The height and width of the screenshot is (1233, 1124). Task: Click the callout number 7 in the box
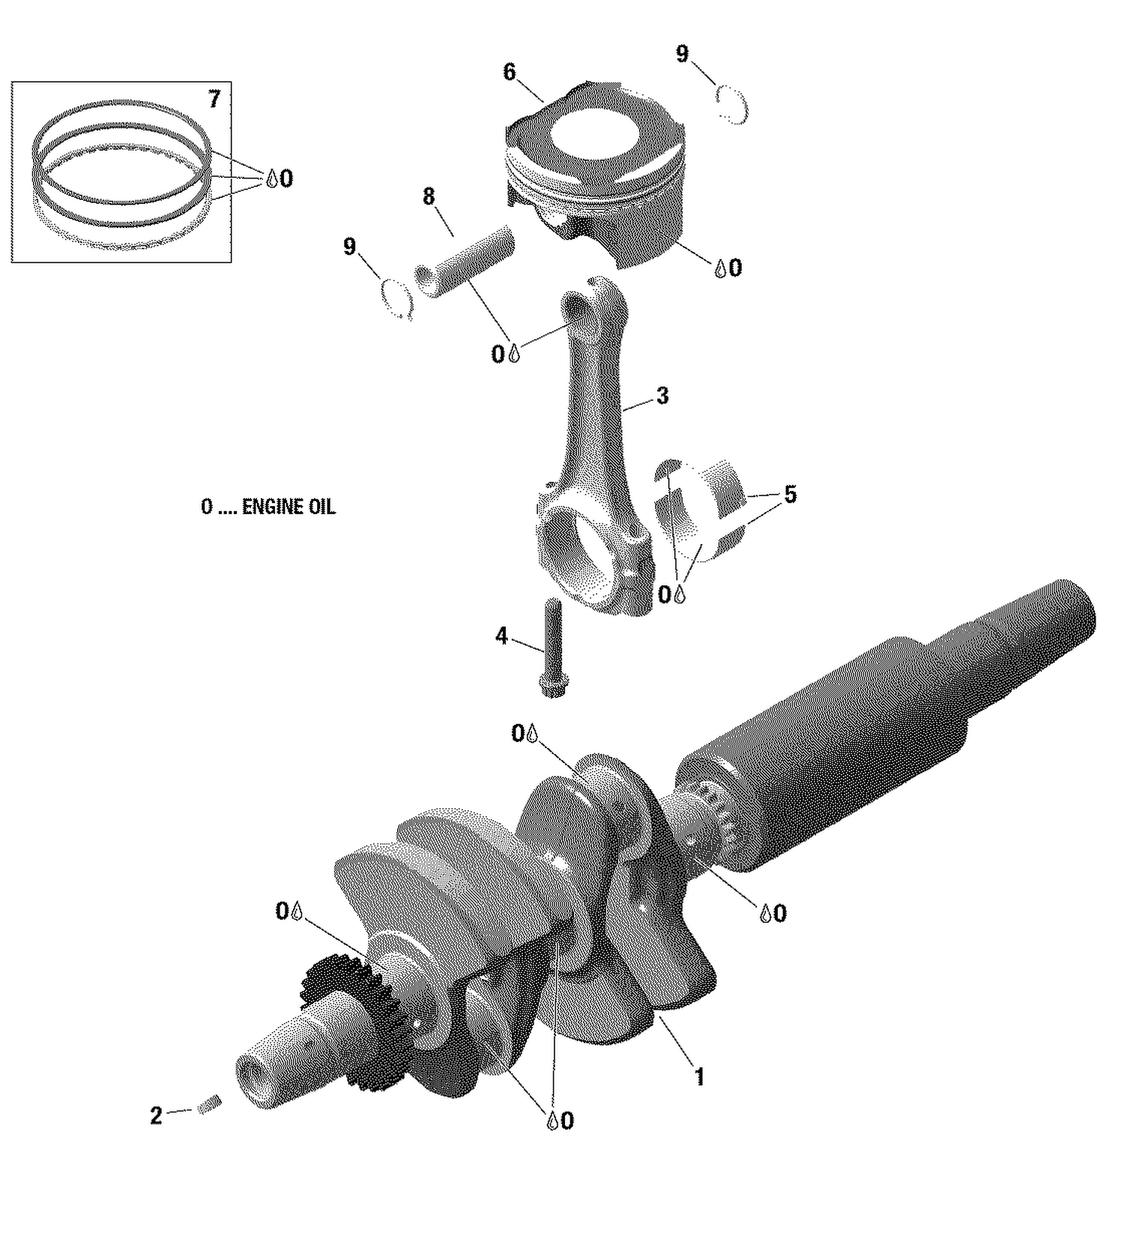tap(214, 99)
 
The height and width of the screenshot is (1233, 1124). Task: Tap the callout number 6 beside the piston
tap(510, 72)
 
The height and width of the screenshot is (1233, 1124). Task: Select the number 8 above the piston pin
tap(428, 196)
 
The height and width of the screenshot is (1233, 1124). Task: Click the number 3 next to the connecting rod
tap(662, 396)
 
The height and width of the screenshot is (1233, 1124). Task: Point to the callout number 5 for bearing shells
tap(790, 495)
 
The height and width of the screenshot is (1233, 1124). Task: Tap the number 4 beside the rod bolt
tap(501, 636)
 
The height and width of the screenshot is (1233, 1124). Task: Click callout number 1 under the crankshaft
tap(699, 1077)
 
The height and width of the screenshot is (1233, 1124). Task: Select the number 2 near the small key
tap(156, 1116)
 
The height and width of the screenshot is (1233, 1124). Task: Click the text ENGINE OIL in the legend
tap(288, 507)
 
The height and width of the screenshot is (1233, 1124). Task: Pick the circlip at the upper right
tap(731, 103)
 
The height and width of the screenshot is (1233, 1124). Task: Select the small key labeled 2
tap(209, 1104)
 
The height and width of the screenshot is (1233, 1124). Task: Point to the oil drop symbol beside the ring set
tap(272, 178)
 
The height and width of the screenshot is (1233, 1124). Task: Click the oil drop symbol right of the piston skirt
tap(719, 268)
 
